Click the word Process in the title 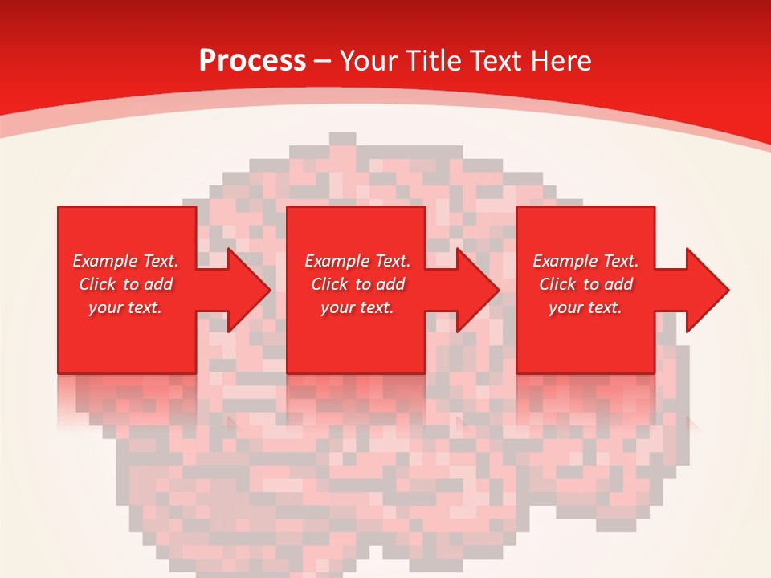point(252,60)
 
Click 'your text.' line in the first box point(125,307)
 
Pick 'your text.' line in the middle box point(357,307)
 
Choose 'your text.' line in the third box point(585,307)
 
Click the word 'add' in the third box point(618,284)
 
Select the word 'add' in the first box point(157,284)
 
